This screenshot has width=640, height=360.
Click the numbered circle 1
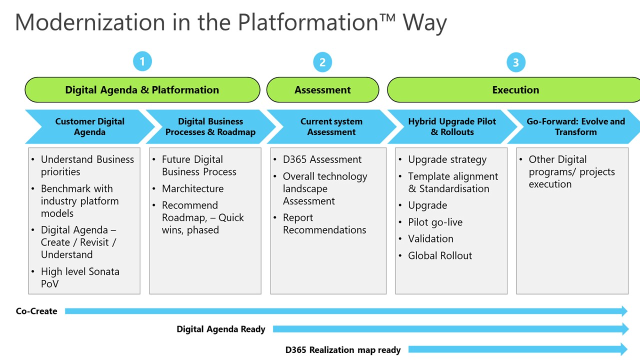(x=142, y=61)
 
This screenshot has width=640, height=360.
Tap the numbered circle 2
(x=322, y=62)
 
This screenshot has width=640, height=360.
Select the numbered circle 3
(x=516, y=62)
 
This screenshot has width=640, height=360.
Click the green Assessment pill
(x=322, y=90)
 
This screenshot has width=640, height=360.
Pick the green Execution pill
(x=515, y=90)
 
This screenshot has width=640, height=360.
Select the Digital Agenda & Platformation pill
(x=142, y=90)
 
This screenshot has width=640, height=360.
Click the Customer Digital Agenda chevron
(x=89, y=126)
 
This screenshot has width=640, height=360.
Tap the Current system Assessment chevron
(x=331, y=126)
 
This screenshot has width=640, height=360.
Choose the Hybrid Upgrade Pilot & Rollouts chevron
(x=452, y=126)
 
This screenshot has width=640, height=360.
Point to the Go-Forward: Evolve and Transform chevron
(x=575, y=126)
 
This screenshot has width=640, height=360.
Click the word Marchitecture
(x=192, y=188)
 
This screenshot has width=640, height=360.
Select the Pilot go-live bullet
(x=435, y=222)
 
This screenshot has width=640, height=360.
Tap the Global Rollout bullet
(x=440, y=255)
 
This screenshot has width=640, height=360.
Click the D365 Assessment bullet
(x=322, y=159)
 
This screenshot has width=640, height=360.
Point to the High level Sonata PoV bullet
(x=80, y=277)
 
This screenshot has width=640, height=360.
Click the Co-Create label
(x=36, y=311)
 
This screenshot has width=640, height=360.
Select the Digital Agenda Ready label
(x=221, y=329)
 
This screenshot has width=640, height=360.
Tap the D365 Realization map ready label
(x=343, y=350)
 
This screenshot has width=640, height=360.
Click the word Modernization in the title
(x=83, y=22)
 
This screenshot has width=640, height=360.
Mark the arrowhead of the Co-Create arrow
(x=624, y=311)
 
